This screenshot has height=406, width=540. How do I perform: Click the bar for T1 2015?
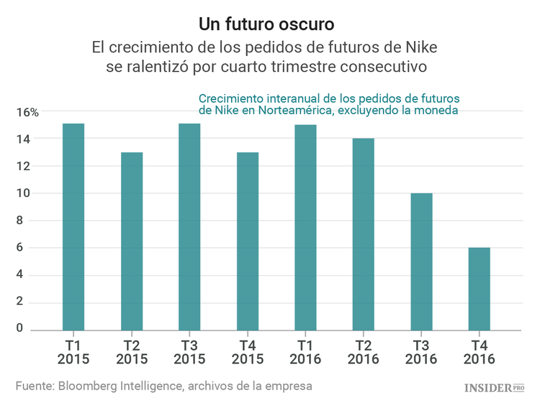[x=73, y=226]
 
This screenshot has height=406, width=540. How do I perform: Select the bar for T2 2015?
[x=132, y=241]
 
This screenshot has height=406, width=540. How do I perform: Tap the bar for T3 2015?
[x=189, y=226]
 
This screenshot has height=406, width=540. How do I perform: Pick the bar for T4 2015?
[x=248, y=241]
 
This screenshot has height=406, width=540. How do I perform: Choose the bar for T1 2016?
[x=305, y=227]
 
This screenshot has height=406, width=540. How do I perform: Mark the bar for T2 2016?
[x=363, y=234]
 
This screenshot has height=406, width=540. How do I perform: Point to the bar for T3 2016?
[x=421, y=262]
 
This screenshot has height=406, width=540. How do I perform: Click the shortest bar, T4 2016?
[x=479, y=289]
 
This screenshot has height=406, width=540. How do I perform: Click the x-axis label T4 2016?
[x=479, y=351]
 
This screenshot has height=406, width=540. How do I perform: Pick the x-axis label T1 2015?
[x=73, y=351]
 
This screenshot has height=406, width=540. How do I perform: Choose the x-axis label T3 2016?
[x=421, y=351]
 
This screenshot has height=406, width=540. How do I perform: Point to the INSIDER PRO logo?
[x=493, y=387]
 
